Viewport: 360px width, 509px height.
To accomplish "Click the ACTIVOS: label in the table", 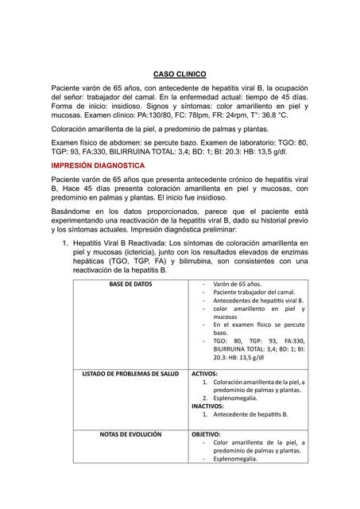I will pos(205,373).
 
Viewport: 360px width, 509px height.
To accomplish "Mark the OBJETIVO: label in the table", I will pos(207,434).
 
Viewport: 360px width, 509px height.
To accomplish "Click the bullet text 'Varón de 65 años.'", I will pos(242,283).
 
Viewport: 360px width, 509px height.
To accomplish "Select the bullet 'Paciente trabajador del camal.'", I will pos(254,292).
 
